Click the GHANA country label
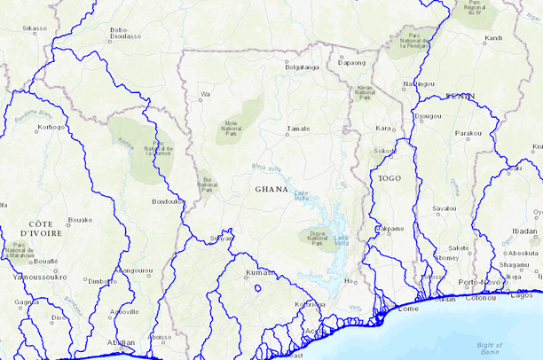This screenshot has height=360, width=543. (271, 189)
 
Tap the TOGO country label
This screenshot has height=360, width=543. (390, 178)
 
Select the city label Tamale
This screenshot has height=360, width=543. (298, 129)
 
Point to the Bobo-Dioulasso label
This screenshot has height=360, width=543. (125, 34)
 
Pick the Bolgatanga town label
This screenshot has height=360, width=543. (301, 67)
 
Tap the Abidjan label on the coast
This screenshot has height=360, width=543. (121, 342)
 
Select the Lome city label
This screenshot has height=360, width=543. (408, 309)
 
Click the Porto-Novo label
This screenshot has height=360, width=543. (479, 282)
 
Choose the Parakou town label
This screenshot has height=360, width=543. (468, 133)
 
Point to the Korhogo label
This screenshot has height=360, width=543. (51, 127)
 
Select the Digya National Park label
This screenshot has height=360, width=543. (318, 237)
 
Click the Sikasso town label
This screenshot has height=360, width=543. (35, 28)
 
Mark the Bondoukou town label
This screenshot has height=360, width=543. (167, 201)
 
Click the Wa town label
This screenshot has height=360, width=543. (205, 94)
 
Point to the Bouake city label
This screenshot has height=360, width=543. (80, 219)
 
